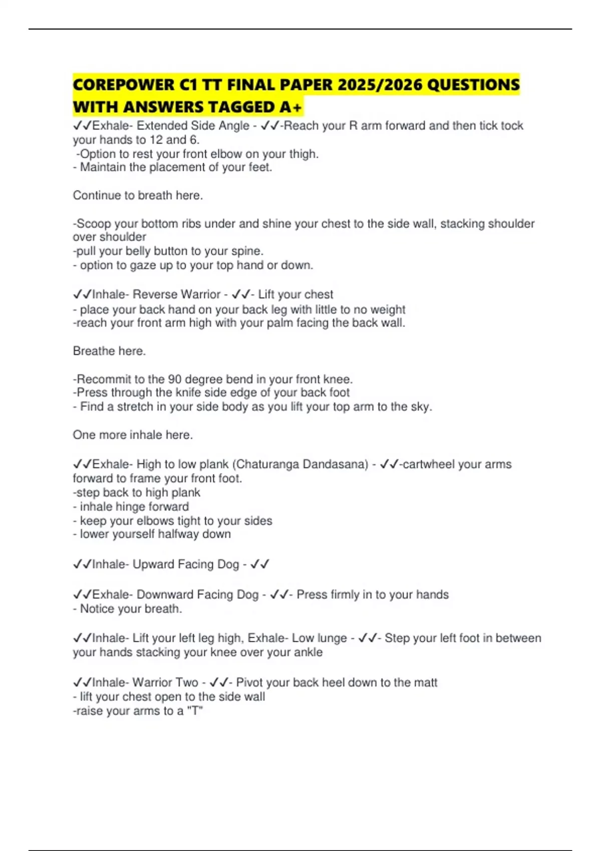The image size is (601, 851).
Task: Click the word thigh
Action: (303, 154)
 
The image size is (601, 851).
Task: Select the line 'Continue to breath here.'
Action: (138, 195)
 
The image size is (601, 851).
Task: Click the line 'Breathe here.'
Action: (109, 351)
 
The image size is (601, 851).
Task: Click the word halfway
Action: (179, 534)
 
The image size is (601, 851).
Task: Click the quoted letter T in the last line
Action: (196, 711)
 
